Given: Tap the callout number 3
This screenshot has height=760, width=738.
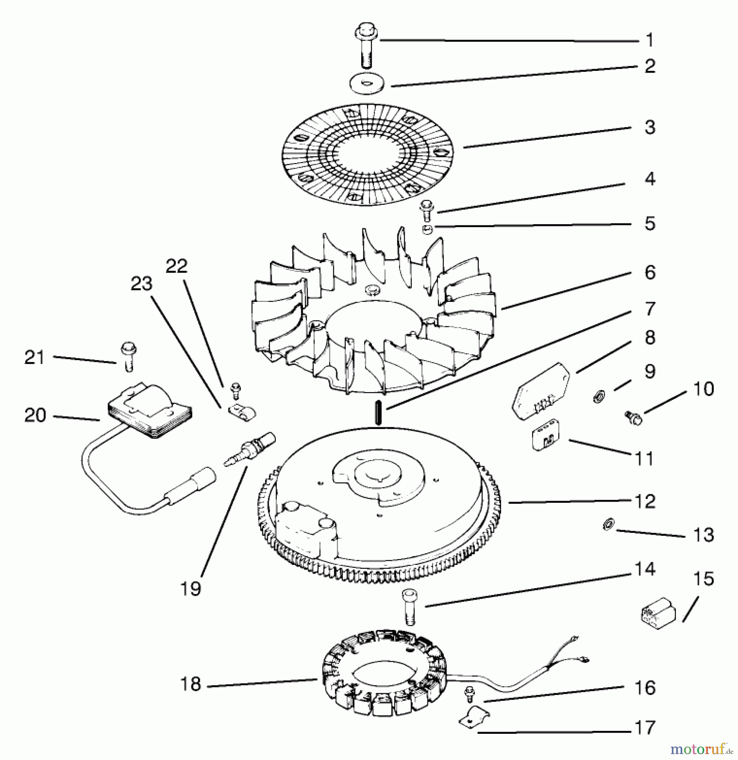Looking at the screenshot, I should pyautogui.click(x=650, y=128).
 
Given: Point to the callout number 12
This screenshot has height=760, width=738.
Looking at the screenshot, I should pyautogui.click(x=645, y=501).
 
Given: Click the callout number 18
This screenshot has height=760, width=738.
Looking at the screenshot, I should pyautogui.click(x=190, y=684).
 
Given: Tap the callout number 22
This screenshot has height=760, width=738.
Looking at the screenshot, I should pyautogui.click(x=176, y=266).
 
